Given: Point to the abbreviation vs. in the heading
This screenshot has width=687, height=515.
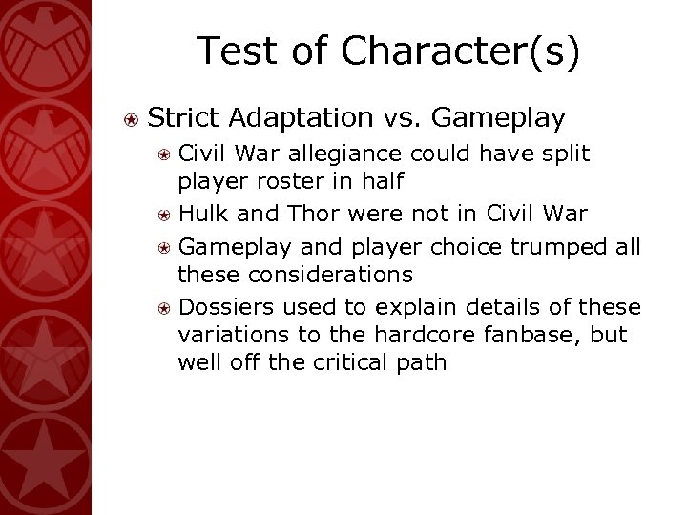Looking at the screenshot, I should [x=404, y=117].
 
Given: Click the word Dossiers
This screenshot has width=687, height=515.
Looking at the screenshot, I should [x=221, y=305].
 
